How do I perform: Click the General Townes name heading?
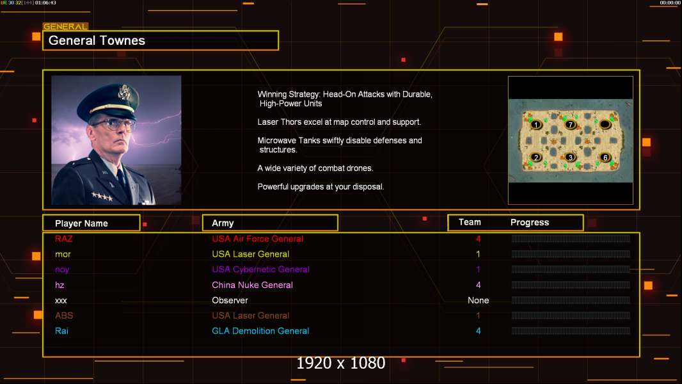97,40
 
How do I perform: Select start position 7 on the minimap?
571,124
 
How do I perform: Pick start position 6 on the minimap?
605,157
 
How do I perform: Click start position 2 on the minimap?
536,157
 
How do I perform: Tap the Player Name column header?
81,223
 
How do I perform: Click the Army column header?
223,223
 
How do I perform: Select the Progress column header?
530,223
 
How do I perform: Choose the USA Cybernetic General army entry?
260,269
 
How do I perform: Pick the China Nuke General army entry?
252,285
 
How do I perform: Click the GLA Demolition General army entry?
260,331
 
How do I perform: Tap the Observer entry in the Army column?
230,300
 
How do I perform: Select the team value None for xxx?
478,300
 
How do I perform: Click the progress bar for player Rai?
571,331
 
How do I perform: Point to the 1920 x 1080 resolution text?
341,364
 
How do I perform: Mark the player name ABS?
64,316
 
